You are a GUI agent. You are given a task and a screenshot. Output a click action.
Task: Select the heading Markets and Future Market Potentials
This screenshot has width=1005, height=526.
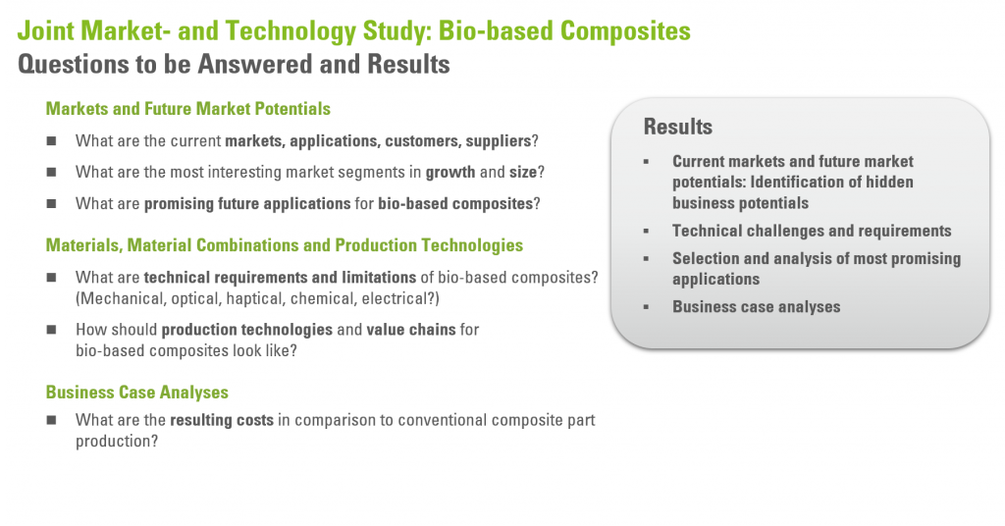point(187,109)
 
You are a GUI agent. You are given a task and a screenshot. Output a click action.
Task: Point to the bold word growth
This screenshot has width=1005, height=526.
point(450,173)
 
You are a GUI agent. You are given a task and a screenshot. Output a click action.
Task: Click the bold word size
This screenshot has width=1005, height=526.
point(523,173)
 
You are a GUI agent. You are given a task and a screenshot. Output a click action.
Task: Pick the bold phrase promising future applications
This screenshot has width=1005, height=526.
point(247,204)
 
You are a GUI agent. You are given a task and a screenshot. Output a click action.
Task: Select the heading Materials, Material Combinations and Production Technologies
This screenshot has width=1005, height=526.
point(284,245)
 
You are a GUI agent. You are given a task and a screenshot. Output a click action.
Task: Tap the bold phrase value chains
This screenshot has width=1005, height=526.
point(411,330)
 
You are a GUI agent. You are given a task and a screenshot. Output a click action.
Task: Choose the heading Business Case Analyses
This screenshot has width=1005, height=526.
point(137,393)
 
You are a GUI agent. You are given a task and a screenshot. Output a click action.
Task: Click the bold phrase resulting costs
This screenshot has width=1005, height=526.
point(222,420)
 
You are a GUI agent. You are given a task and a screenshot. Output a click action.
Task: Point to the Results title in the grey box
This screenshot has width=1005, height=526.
point(677,127)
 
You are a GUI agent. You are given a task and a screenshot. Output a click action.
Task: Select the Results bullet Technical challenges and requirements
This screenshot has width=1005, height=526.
point(812,231)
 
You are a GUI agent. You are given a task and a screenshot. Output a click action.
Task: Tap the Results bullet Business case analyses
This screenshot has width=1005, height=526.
point(757,307)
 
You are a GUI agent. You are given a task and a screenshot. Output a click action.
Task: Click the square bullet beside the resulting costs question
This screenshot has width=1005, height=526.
point(51,420)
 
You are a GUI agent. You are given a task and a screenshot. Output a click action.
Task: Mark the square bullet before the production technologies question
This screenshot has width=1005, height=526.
point(51,330)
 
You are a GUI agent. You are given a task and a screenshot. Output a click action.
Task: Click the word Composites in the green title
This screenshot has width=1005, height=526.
point(625,31)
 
